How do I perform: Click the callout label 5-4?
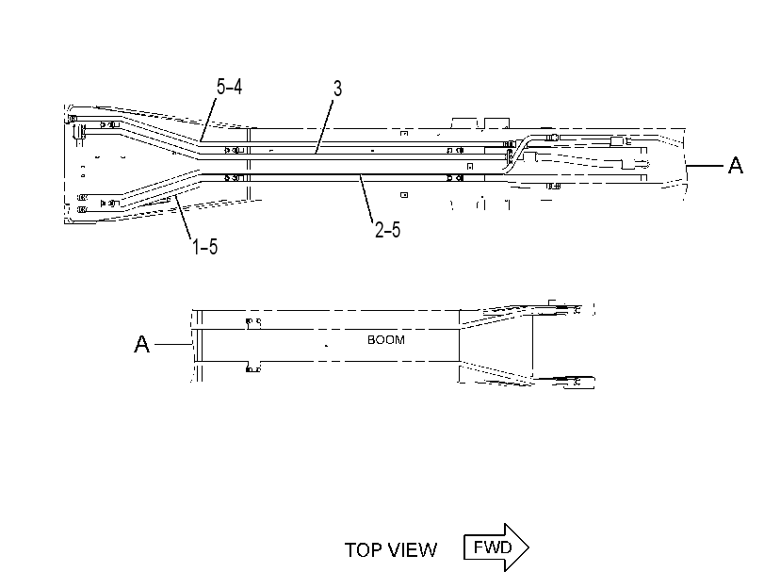pos(229,87)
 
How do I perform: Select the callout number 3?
pos(337,89)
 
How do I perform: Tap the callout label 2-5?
pos(387,229)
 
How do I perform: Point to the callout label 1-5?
pos(204,246)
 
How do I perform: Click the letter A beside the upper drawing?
pos(735,165)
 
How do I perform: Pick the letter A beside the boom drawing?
pos(142,344)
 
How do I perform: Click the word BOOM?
pos(386,340)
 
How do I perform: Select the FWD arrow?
pos(496,547)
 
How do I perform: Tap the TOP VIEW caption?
pos(391,550)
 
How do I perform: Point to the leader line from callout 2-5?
pos(366,199)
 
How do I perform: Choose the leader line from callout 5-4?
pos(207,120)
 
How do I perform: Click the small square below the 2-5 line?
pos(404,195)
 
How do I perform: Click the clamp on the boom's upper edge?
pos(252,323)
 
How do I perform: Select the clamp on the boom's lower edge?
pos(252,367)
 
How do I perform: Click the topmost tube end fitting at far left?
pos(73,119)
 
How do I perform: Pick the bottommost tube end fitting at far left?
pos(82,209)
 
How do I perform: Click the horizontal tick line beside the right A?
pos(705,166)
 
